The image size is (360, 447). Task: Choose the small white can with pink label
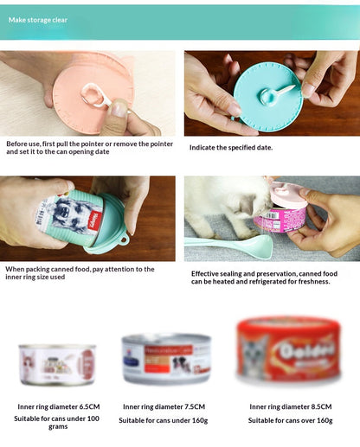(x=57, y=364)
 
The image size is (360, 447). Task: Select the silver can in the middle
(x=166, y=359)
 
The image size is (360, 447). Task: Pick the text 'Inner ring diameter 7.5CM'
(x=164, y=406)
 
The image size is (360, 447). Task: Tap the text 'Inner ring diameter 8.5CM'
(x=291, y=406)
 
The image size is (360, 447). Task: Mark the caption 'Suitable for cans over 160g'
(x=291, y=420)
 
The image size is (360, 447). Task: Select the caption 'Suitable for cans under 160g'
(x=164, y=420)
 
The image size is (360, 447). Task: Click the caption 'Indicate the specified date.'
(x=231, y=147)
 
